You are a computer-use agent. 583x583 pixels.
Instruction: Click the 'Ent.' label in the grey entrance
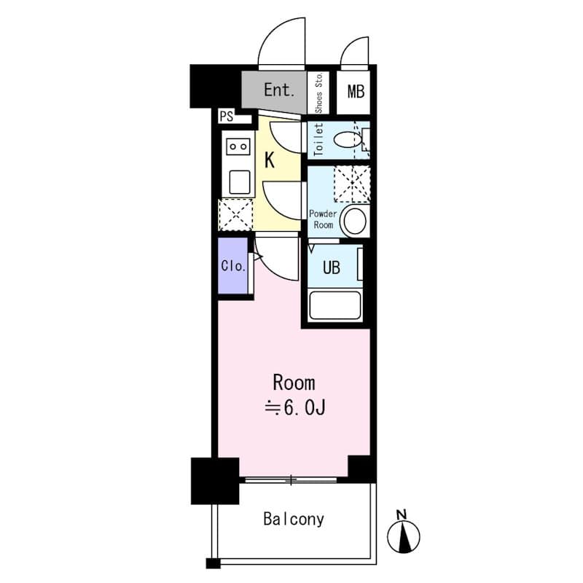[279, 90]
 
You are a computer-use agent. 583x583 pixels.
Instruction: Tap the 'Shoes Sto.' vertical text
[318, 93]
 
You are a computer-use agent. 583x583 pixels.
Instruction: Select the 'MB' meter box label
[356, 92]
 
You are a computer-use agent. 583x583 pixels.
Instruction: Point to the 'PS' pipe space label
[227, 117]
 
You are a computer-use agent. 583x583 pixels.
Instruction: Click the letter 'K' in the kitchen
[270, 160]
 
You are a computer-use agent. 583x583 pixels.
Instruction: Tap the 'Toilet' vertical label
[318, 139]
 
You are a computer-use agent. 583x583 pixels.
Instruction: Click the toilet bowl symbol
[348, 140]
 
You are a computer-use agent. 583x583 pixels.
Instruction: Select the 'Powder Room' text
[323, 219]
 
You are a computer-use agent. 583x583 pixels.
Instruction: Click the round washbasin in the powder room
[355, 221]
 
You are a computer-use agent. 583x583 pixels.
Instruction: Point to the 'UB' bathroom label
[332, 267]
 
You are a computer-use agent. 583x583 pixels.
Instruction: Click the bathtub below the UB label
[335, 305]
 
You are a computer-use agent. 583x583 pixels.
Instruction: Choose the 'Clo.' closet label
[233, 266]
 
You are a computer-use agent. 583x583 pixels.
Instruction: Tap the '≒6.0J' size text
[295, 408]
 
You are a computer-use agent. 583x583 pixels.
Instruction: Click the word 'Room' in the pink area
[294, 383]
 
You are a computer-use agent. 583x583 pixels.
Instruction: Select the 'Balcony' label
[294, 520]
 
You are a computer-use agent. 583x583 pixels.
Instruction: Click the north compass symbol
[404, 535]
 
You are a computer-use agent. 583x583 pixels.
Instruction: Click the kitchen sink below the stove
[240, 182]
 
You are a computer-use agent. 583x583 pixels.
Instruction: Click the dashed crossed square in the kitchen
[235, 214]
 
